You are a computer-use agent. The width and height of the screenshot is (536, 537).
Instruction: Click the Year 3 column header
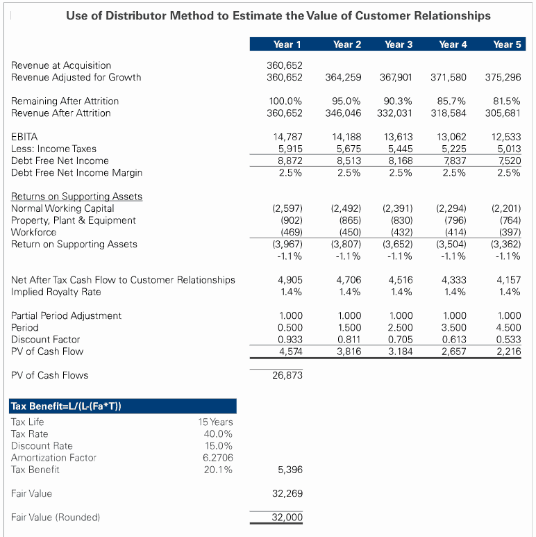(x=399, y=44)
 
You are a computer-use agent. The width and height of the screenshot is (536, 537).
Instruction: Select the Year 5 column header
(x=507, y=44)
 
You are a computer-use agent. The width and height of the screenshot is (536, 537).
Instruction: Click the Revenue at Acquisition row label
(x=61, y=65)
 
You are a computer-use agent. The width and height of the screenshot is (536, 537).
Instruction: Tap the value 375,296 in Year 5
(x=503, y=77)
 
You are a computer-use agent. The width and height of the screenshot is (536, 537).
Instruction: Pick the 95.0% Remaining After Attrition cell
(x=347, y=101)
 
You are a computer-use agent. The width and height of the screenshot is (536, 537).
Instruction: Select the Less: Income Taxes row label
(x=53, y=149)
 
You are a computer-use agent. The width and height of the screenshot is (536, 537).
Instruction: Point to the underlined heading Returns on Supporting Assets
(x=76, y=196)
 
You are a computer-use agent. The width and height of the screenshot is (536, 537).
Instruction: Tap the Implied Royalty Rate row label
(x=55, y=292)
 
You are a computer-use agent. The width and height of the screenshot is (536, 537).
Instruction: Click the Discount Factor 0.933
(x=290, y=339)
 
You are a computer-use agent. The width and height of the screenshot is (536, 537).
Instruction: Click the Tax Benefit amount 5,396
(x=290, y=470)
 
